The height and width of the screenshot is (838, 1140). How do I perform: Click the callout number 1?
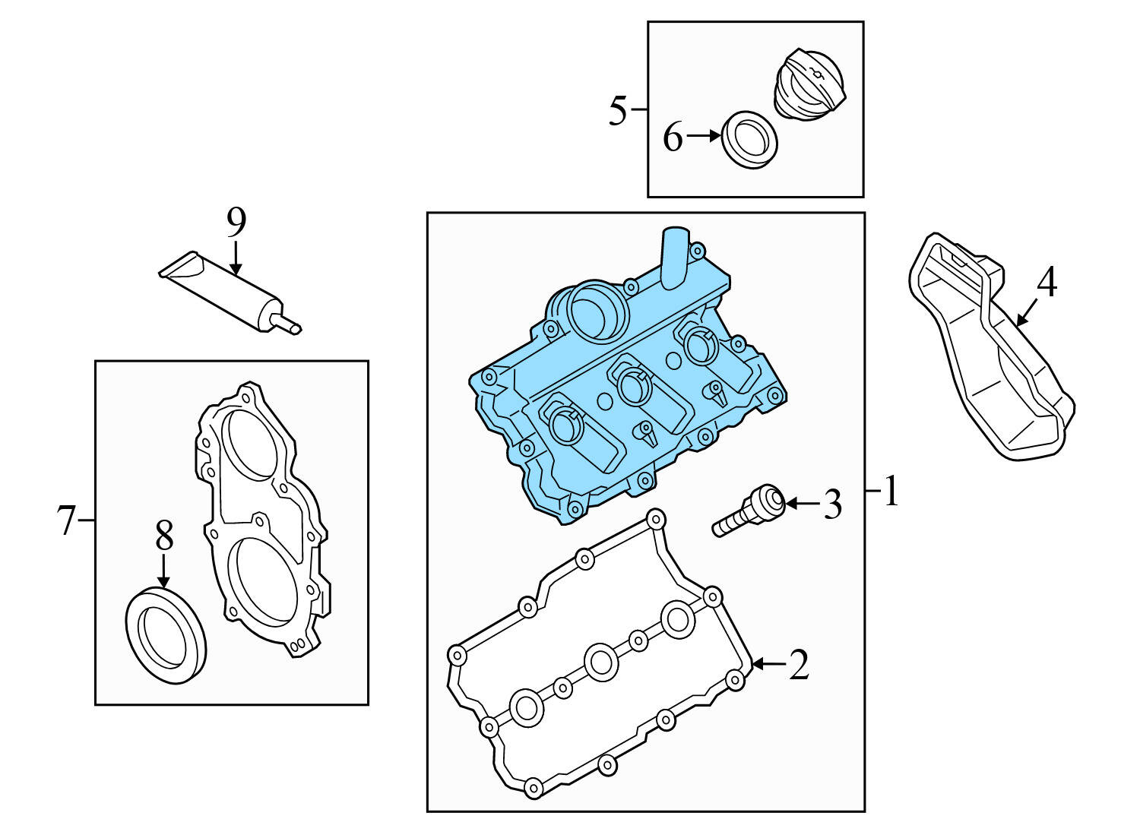891,492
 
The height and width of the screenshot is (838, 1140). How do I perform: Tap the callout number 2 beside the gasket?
798,665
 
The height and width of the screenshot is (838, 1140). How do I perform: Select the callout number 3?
833,504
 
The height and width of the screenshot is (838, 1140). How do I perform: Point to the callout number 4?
1047,283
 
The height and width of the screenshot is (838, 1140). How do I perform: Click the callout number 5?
618,111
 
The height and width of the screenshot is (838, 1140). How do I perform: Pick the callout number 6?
673,138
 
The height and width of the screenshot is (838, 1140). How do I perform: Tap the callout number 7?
67,520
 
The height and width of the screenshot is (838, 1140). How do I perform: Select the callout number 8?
164,536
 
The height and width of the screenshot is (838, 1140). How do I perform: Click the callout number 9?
236,222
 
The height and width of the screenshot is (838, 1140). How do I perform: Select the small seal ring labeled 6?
749,141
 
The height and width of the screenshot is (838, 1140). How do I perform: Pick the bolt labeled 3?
749,513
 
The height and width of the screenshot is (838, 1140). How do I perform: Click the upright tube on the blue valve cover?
674,257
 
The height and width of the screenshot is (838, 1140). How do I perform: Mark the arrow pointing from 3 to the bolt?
801,503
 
